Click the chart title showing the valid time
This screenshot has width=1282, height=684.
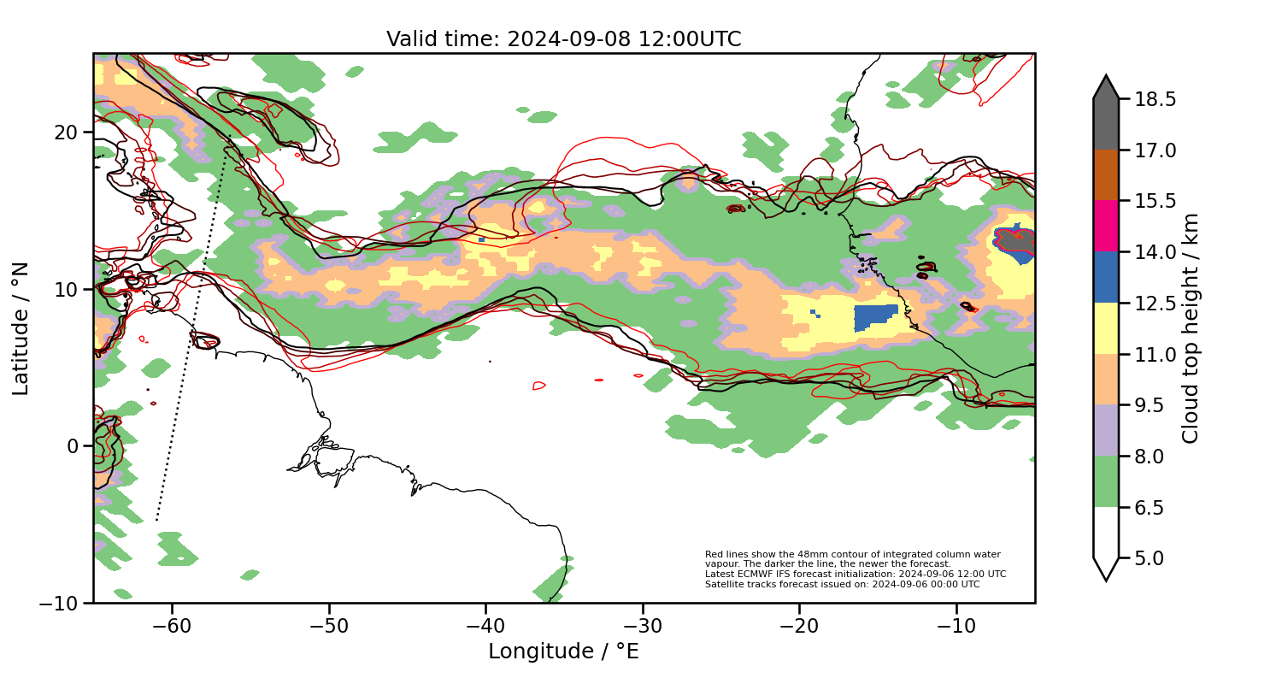(563, 39)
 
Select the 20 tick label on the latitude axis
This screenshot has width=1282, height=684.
(66, 133)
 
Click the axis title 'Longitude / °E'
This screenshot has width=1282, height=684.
(563, 652)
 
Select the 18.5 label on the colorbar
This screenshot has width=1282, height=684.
(1156, 99)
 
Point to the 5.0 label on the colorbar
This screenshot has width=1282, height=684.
(1156, 558)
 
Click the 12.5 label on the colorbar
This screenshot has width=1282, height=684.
(1156, 304)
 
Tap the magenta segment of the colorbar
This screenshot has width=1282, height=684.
(1106, 226)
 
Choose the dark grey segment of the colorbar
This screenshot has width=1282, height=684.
(1106, 120)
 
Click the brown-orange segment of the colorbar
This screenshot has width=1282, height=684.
(1106, 175)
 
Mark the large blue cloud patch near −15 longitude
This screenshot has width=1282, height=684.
(873, 318)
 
